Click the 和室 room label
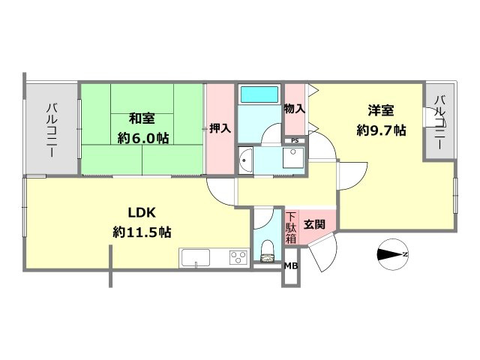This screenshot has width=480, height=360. (142, 118)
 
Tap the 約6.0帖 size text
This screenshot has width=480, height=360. (143, 139)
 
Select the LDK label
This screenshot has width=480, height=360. (142, 212)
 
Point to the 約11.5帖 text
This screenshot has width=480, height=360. (142, 232)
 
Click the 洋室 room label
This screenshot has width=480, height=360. (381, 110)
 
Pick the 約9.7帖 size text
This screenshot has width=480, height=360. (382, 130)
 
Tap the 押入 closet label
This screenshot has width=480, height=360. (220, 128)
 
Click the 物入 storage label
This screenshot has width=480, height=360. (295, 109)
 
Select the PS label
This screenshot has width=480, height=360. (295, 141)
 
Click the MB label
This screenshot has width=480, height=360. (291, 266)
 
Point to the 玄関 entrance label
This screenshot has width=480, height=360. (314, 225)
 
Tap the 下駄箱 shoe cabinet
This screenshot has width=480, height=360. (291, 227)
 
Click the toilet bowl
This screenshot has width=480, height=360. (268, 251)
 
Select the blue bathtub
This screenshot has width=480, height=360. (259, 94)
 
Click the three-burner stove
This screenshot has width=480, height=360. (238, 258)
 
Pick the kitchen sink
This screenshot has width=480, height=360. (196, 258)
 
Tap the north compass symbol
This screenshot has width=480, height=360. (393, 254)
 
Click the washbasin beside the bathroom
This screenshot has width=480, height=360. (245, 160)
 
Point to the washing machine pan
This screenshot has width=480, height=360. (293, 157)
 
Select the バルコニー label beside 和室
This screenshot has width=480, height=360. (51, 130)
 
